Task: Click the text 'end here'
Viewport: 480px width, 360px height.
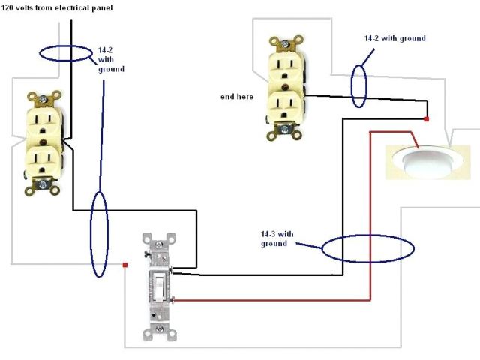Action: click(x=236, y=97)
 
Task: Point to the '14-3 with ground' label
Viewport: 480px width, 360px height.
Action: click(x=274, y=238)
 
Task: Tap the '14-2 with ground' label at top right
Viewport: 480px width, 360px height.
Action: click(x=394, y=38)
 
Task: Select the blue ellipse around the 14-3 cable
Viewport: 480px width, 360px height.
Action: click(x=367, y=250)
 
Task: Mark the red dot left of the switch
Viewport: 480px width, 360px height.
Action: click(x=124, y=264)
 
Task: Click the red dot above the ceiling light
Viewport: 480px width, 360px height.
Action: click(x=426, y=119)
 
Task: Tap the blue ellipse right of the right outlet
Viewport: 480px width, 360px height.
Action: click(x=360, y=85)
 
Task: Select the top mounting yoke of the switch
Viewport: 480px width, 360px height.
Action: click(x=160, y=241)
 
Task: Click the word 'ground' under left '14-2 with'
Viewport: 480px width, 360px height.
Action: click(x=111, y=69)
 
